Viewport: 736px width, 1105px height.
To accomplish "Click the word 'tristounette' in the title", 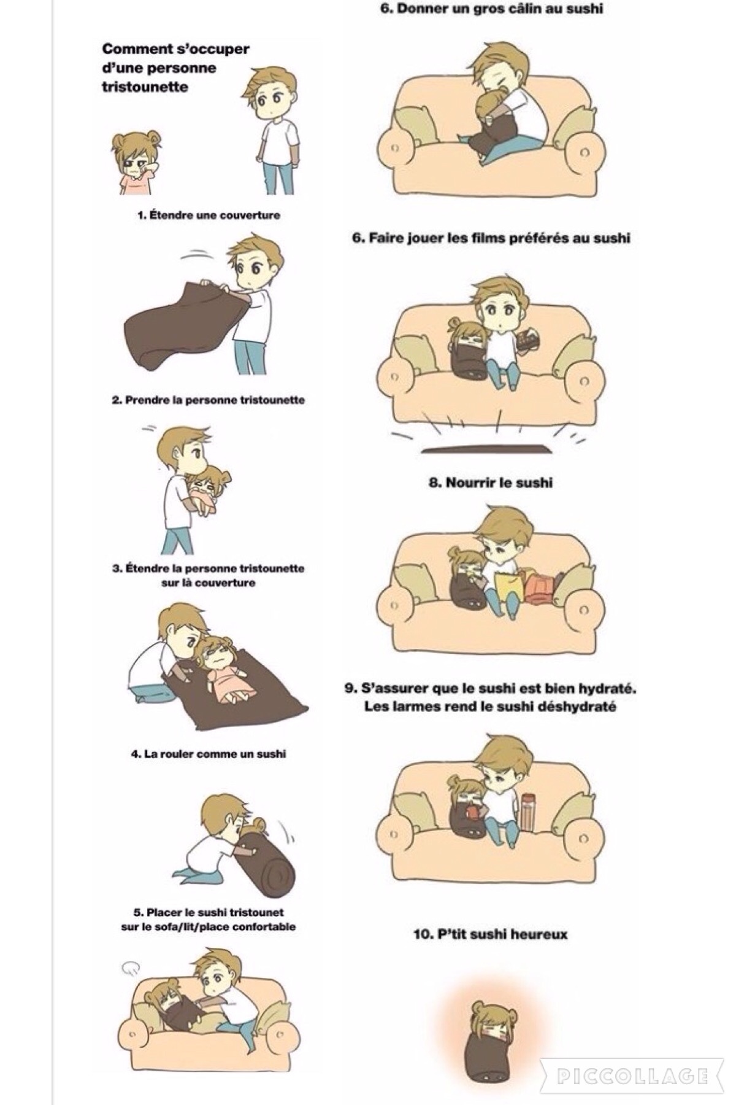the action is click(x=145, y=87).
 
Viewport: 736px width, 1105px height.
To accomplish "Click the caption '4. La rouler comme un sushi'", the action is click(x=209, y=754).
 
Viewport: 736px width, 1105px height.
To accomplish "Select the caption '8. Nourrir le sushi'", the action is click(x=491, y=483).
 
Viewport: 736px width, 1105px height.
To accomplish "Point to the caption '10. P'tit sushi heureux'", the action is click(x=491, y=934).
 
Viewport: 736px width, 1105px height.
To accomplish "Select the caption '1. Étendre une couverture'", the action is click(x=209, y=215).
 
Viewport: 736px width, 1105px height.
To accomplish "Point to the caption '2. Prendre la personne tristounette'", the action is click(x=209, y=400).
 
